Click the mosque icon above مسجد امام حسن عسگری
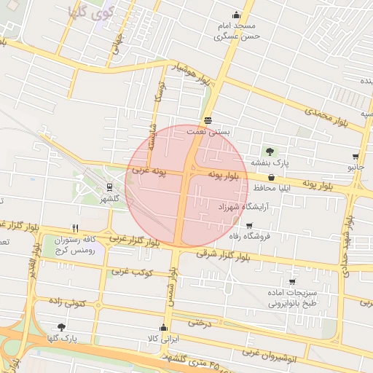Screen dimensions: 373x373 (235, 15)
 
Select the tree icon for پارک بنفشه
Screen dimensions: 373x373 (270, 152)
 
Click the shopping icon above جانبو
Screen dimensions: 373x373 (356, 157)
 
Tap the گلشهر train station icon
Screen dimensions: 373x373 (109, 186)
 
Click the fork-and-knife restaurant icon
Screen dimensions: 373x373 (74, 227)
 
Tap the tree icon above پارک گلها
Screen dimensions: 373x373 (60, 327)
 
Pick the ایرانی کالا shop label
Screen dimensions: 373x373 (164, 339)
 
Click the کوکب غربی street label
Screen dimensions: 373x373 (131, 272)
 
